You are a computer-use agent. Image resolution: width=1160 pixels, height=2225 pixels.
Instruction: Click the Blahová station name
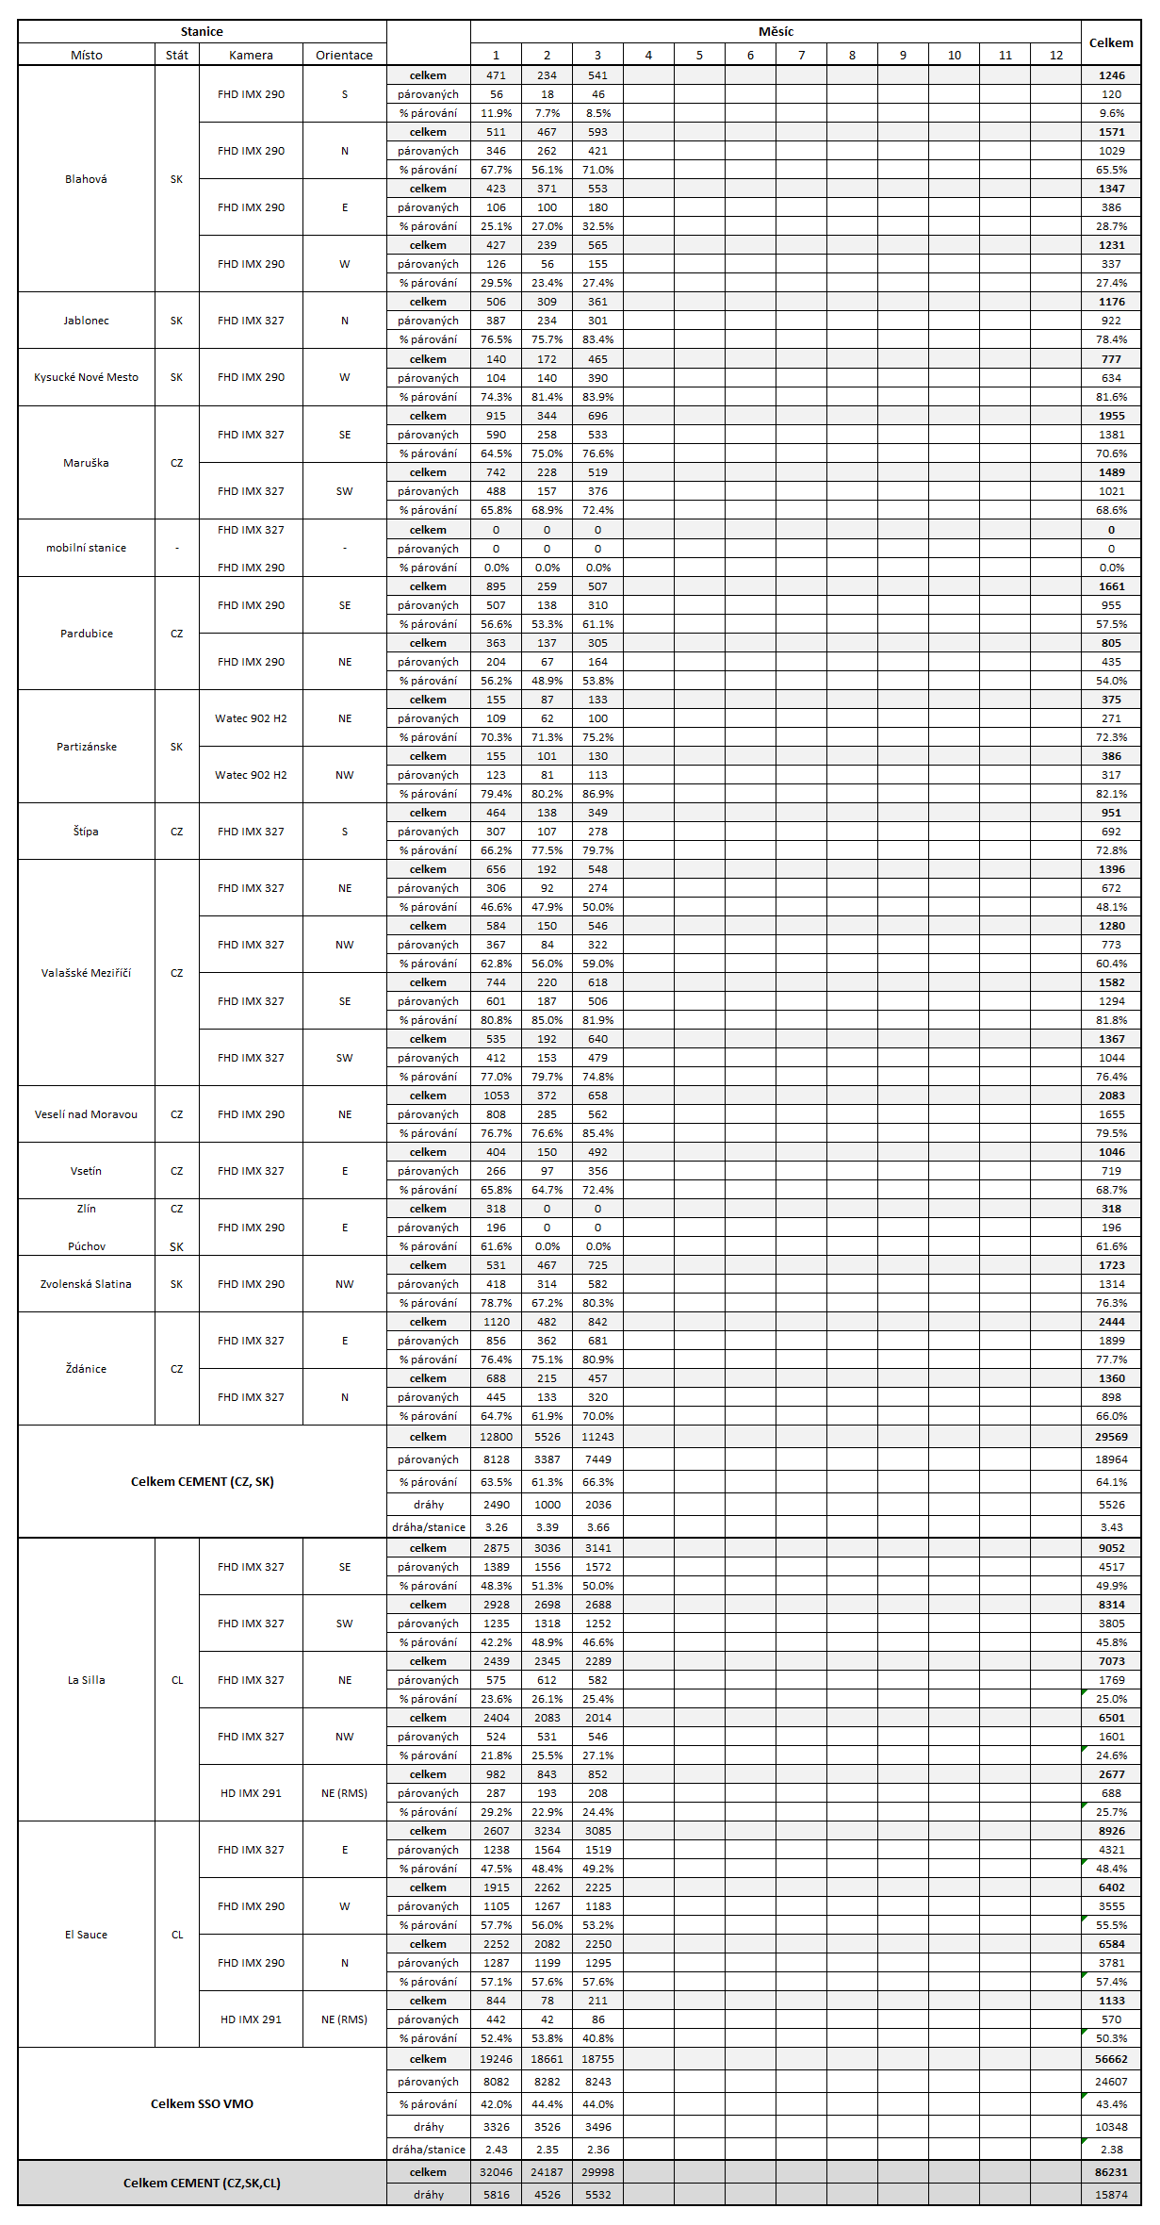coord(86,179)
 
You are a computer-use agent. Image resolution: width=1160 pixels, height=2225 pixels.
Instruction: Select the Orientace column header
coord(344,55)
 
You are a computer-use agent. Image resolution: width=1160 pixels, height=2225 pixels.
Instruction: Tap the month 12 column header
coord(1055,55)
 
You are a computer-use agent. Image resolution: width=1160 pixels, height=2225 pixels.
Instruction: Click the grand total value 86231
coord(1111,2171)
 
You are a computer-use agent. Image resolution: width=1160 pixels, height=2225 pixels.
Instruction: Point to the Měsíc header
coord(776,31)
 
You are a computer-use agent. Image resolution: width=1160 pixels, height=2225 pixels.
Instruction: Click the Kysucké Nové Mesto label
coord(86,377)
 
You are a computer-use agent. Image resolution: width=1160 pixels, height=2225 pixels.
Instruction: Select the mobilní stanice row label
coord(86,548)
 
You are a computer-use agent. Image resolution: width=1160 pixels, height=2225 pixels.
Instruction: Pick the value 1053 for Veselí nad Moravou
coord(496,1096)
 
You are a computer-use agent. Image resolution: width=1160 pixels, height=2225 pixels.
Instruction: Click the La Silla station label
coord(86,1680)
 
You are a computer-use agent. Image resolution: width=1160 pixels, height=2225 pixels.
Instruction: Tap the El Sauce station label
coord(86,1935)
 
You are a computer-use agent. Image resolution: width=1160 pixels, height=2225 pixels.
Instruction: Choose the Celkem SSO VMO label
coord(202,2103)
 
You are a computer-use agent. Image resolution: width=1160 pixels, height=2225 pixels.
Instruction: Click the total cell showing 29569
coord(1111,1437)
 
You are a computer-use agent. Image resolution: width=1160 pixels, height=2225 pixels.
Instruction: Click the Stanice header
coord(202,31)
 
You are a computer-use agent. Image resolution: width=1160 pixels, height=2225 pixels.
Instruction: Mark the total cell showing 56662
coord(1111,2059)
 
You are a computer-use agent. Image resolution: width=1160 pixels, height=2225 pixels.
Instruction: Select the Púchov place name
coord(86,1246)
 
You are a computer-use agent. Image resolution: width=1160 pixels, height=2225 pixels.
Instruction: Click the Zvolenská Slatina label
coord(86,1284)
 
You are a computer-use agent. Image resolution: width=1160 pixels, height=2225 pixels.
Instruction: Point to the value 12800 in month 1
coord(496,1437)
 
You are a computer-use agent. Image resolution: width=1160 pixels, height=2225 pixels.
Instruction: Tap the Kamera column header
coord(251,55)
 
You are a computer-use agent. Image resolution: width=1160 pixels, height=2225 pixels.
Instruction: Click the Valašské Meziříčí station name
coord(86,973)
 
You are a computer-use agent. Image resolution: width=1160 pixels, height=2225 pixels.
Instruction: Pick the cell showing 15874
coord(1111,2194)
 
